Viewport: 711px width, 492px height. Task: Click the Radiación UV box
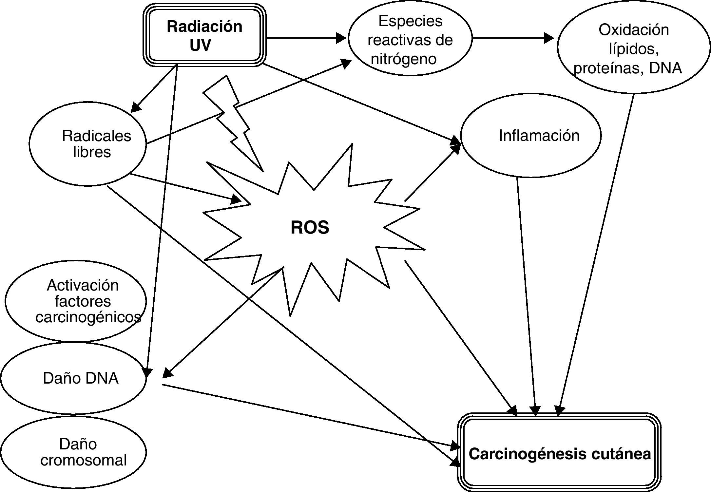click(x=204, y=35)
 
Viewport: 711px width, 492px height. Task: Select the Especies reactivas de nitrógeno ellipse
click(x=410, y=39)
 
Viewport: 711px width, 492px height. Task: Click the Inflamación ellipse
click(x=531, y=135)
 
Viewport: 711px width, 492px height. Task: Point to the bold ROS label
click(x=310, y=227)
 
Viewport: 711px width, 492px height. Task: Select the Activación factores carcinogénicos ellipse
click(x=75, y=301)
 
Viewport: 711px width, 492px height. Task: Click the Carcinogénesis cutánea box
click(x=559, y=454)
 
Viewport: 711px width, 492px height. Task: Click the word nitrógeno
click(x=403, y=59)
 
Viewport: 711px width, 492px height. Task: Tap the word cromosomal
click(x=83, y=460)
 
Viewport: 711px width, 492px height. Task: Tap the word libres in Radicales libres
click(x=92, y=152)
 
